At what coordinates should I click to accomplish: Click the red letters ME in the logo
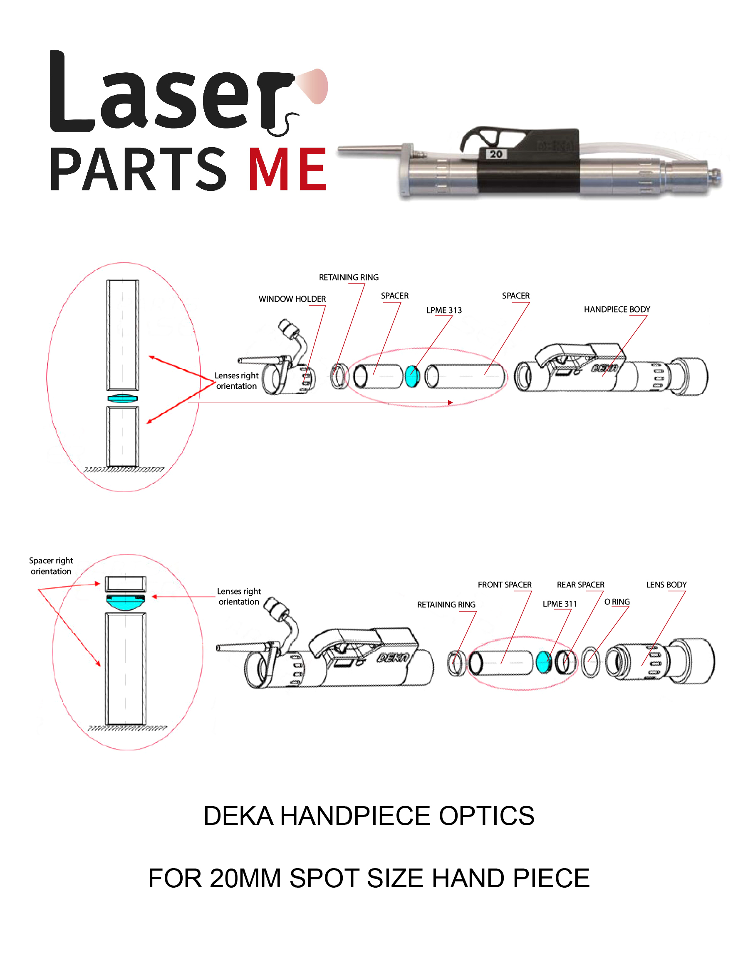[287, 169]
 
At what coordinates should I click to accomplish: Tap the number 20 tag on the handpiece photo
[495, 154]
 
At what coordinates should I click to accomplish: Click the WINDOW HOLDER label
[292, 299]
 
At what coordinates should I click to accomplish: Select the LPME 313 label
[443, 310]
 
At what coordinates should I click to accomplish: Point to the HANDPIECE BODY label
[617, 309]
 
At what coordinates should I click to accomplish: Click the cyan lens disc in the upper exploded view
[412, 376]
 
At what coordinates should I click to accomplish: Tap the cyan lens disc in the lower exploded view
[543, 661]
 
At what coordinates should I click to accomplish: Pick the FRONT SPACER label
[504, 585]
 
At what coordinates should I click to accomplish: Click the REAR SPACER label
[580, 585]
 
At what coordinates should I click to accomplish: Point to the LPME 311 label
[559, 604]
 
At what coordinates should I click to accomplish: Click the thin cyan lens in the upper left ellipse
[122, 398]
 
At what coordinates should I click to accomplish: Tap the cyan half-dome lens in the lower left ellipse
[126, 602]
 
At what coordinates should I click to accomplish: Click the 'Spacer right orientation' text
[51, 566]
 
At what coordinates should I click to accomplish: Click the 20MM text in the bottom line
[245, 878]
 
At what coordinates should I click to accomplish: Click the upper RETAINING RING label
[348, 277]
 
